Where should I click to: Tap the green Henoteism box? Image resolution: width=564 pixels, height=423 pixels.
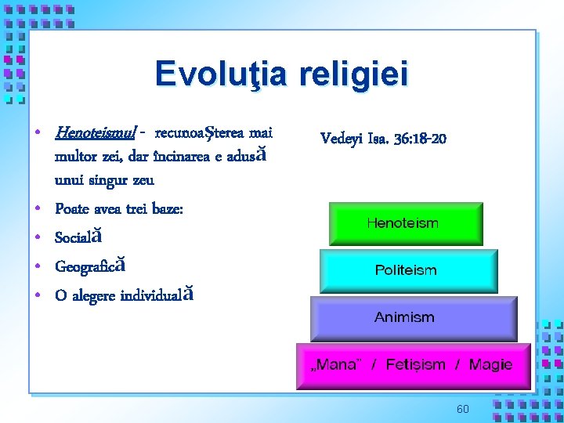tap(405, 223)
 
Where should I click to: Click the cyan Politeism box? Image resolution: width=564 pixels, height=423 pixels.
tap(407, 270)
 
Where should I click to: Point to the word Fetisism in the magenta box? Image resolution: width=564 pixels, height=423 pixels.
tap(416, 364)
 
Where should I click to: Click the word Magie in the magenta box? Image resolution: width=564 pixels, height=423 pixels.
tap(490, 364)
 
